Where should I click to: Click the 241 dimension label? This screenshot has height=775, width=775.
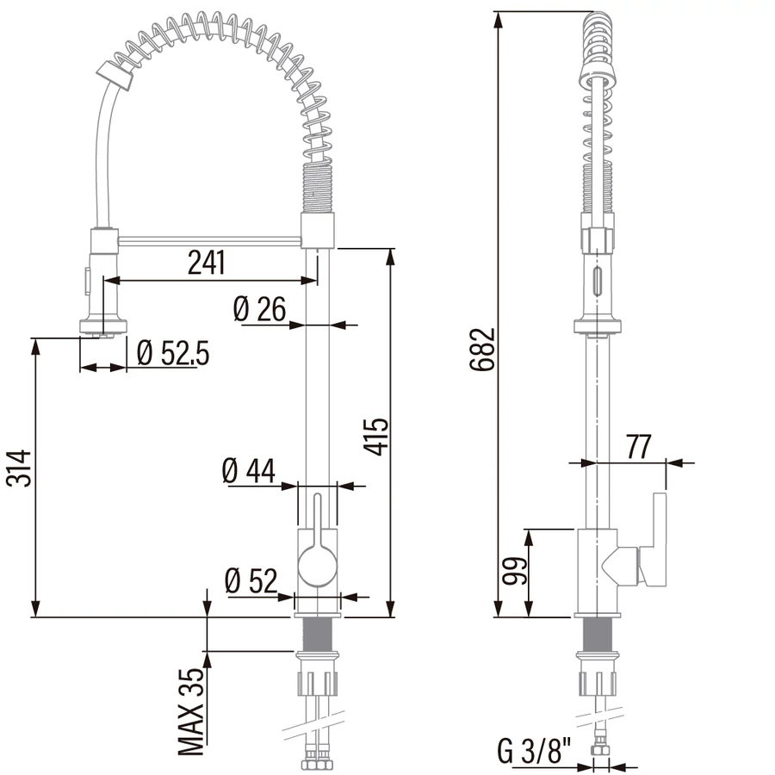click(x=207, y=263)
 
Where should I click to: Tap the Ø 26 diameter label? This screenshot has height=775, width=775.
click(x=259, y=309)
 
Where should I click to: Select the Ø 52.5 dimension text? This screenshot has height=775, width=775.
click(x=173, y=353)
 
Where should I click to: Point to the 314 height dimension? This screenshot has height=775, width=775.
click(x=19, y=468)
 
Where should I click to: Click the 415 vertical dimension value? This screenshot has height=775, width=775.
click(x=376, y=437)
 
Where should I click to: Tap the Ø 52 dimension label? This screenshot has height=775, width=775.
click(x=251, y=580)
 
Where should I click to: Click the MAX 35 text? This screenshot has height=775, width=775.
click(x=191, y=712)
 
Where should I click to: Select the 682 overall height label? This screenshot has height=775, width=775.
click(x=482, y=349)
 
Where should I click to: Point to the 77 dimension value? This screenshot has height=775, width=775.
click(x=639, y=447)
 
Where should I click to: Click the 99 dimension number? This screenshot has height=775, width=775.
click(x=516, y=571)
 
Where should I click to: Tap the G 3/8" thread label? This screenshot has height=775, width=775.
click(x=534, y=752)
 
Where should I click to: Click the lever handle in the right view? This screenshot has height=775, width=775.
click(x=654, y=539)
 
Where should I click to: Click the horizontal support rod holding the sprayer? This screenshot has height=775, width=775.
click(x=210, y=241)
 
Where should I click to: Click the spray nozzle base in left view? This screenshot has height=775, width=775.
click(x=103, y=326)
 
